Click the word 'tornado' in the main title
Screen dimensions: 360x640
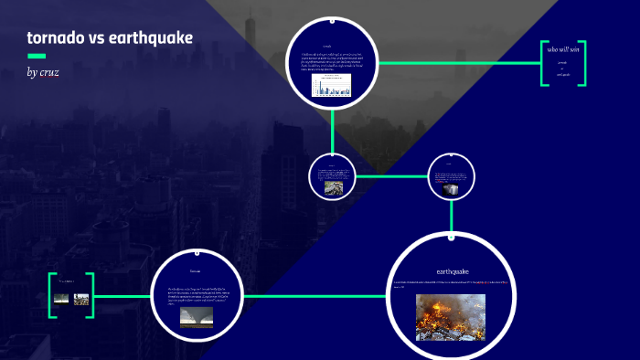[x=56, y=38]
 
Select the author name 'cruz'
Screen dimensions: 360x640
[x=49, y=71]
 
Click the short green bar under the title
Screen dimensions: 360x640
[x=37, y=56]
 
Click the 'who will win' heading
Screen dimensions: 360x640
[x=563, y=49]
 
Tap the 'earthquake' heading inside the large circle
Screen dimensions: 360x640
[x=453, y=270]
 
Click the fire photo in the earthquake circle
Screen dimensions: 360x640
[x=451, y=317]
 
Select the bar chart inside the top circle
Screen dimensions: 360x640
[x=332, y=85]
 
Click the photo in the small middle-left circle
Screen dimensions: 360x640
[x=334, y=186]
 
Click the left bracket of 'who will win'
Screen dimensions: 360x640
[x=543, y=63]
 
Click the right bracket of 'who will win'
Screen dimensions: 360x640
[x=583, y=63]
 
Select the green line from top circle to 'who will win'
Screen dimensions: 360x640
[x=457, y=63]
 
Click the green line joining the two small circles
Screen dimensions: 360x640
[x=391, y=175]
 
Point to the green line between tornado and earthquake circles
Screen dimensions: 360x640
[x=311, y=296]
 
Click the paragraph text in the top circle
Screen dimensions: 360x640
[x=332, y=61]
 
